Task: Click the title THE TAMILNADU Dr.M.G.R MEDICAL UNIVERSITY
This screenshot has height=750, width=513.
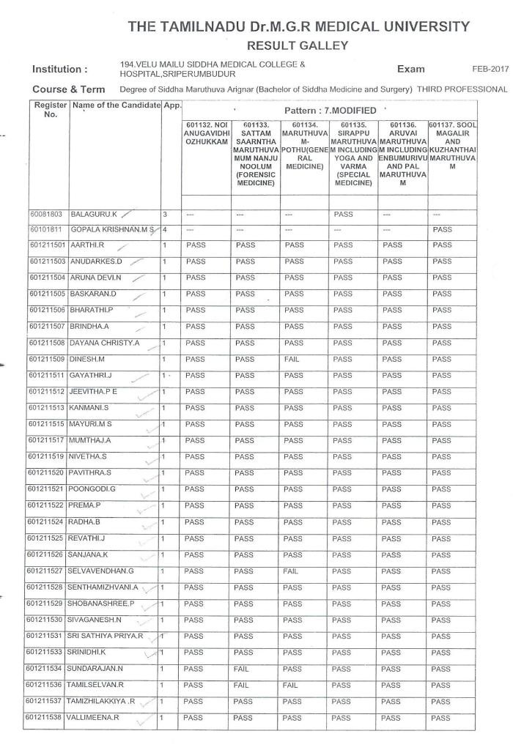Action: tap(298, 27)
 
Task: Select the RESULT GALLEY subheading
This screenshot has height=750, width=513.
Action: tap(298, 45)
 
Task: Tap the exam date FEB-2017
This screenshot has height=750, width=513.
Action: tap(490, 68)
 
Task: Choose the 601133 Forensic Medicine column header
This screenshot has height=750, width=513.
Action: tap(254, 153)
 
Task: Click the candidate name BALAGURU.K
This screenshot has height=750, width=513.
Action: tap(93, 215)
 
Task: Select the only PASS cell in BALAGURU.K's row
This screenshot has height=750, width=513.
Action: tap(343, 215)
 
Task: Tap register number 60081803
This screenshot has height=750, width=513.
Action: tap(46, 215)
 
